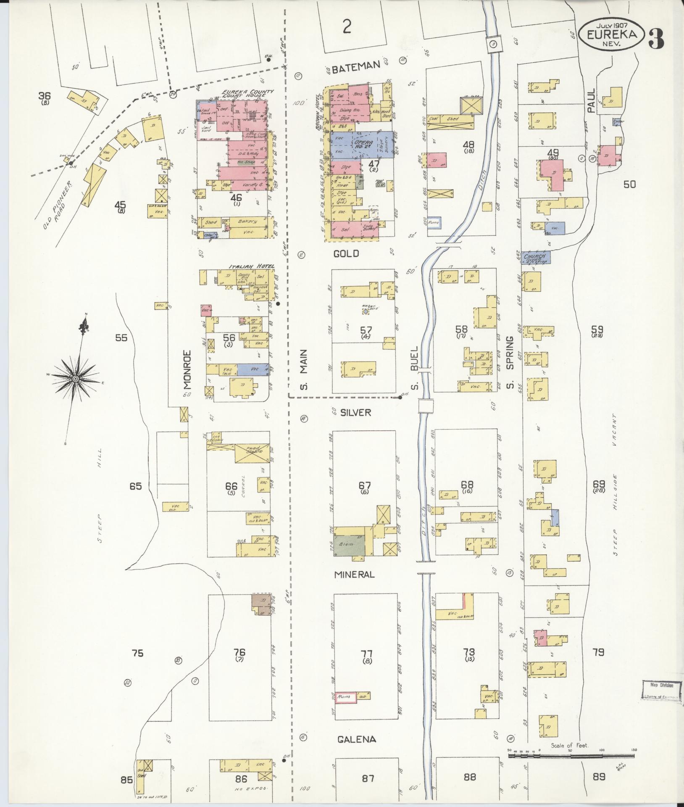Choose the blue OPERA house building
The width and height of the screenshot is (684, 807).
coord(362,144)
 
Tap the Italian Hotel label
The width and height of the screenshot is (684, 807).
coord(251,266)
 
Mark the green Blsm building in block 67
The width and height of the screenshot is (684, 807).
coord(349,546)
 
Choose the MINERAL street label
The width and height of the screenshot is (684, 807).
coord(354,575)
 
